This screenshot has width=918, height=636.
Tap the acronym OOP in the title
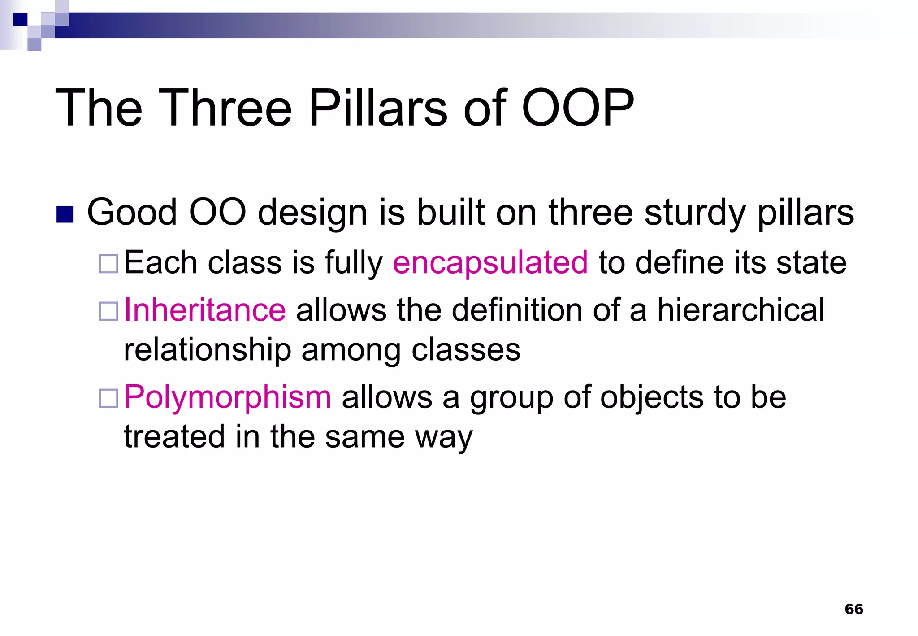click(x=578, y=108)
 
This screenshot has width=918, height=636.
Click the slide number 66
click(x=853, y=609)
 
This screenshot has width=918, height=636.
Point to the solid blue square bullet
click(x=65, y=214)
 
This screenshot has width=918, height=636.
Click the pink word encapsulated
click(x=490, y=262)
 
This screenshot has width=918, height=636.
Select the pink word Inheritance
click(x=205, y=310)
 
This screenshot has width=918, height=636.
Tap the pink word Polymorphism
click(x=227, y=397)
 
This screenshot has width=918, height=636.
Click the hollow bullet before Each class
click(x=108, y=264)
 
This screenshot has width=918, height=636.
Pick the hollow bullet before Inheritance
click(x=108, y=311)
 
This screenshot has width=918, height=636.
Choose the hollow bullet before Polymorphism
click(x=108, y=398)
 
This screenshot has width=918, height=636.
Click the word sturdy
click(x=695, y=213)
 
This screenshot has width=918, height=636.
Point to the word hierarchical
click(x=740, y=310)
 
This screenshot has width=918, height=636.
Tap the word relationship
click(x=208, y=350)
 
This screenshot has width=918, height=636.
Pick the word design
click(x=312, y=213)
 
